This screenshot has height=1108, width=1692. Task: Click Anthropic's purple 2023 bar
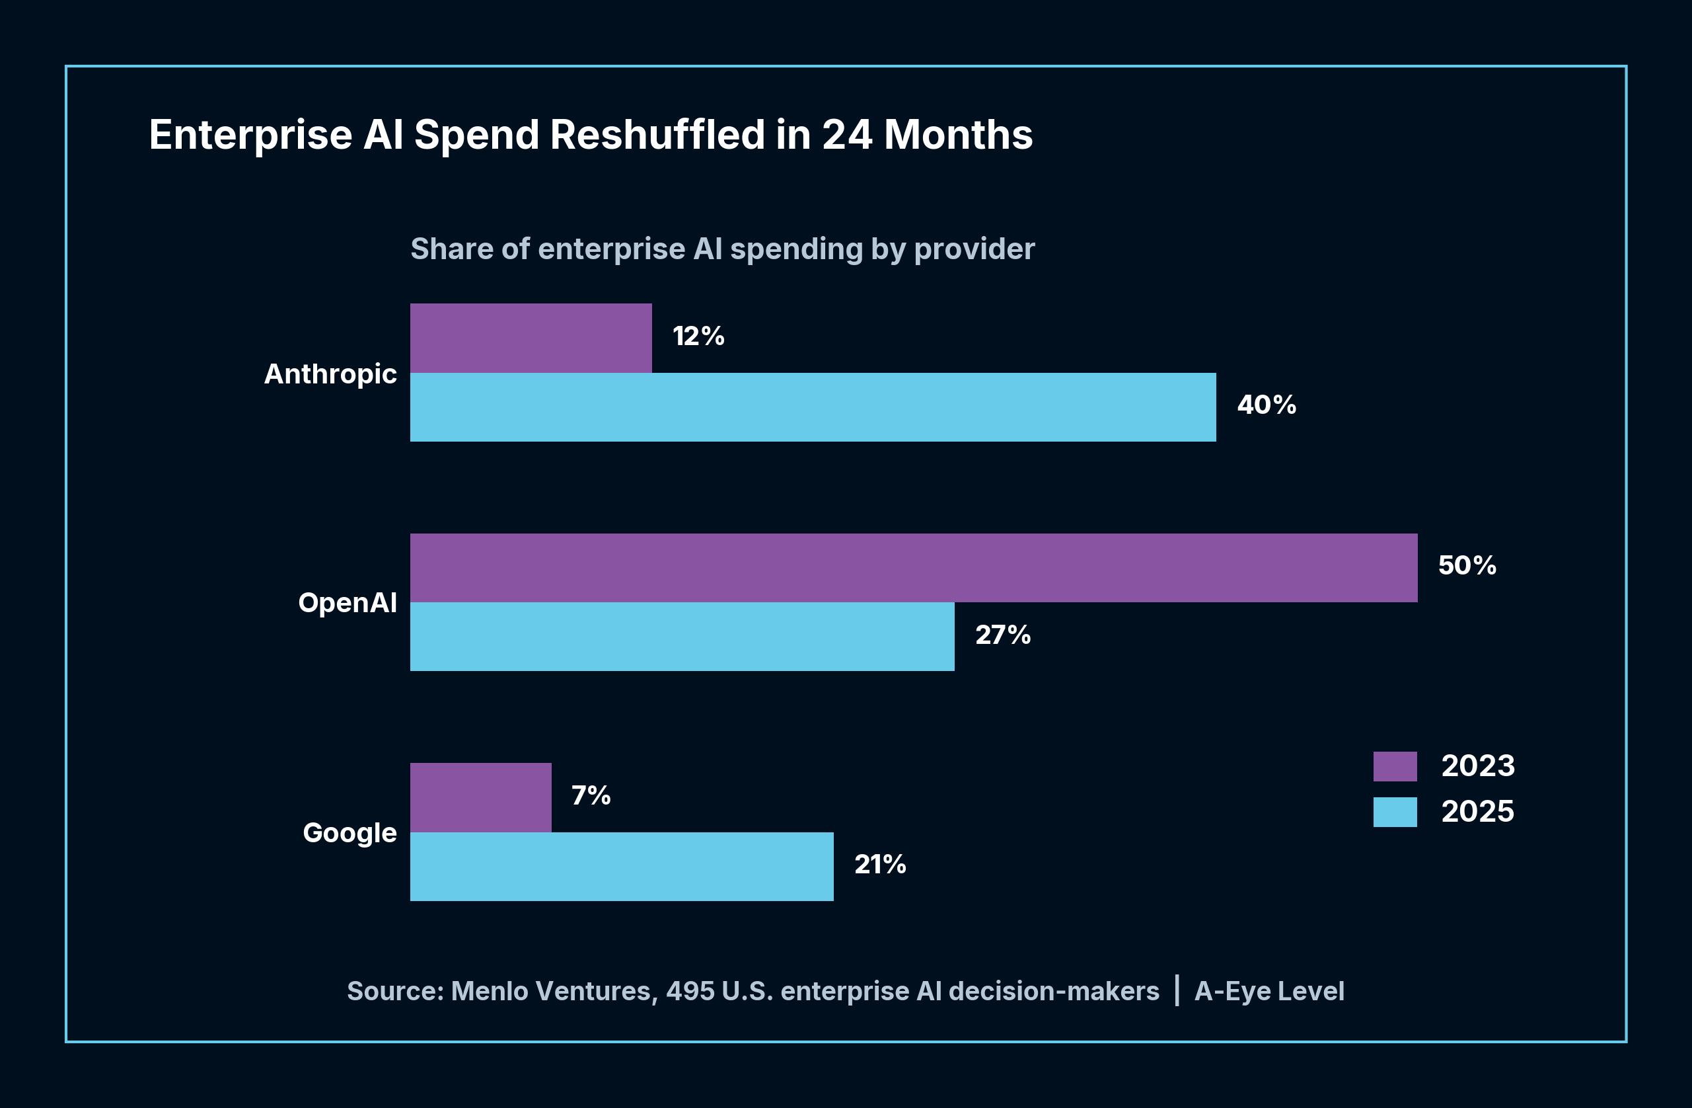point(531,338)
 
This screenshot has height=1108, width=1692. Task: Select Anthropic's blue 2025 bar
point(813,407)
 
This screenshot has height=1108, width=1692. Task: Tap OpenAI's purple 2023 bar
point(914,567)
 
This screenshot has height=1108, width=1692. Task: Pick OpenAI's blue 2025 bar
point(682,637)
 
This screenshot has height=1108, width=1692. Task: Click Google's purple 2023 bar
point(480,797)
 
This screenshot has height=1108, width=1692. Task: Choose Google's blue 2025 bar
point(621,866)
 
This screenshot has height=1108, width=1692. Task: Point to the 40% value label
point(1266,405)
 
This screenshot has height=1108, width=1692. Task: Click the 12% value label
point(698,336)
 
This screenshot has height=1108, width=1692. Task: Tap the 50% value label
point(1467,566)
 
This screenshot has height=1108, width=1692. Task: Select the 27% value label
point(1002,635)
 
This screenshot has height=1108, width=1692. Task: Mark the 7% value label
point(591,796)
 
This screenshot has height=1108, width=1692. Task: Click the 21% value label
point(879,865)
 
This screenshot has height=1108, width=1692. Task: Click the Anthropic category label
point(330,374)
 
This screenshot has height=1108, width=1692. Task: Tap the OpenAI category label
point(347,603)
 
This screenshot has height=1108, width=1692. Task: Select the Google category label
point(349,833)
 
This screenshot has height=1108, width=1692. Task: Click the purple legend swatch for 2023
point(1395,767)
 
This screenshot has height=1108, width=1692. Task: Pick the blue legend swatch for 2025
point(1395,812)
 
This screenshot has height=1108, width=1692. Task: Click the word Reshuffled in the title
point(657,135)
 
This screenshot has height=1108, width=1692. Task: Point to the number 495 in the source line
point(690,992)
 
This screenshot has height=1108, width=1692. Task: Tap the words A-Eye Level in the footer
point(1269,992)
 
